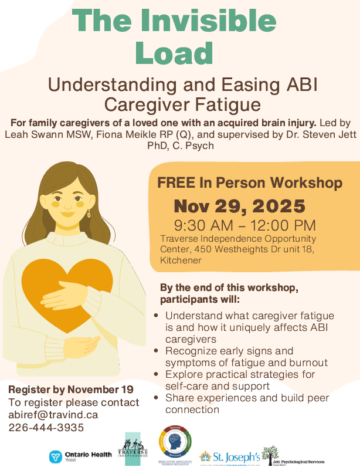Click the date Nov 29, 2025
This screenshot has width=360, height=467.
click(239, 207)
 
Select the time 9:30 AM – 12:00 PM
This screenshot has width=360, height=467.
click(246, 225)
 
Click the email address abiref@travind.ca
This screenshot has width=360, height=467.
click(53, 415)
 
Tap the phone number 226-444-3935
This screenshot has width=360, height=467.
click(46, 428)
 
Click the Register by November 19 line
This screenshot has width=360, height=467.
click(71, 390)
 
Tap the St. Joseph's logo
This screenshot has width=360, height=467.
click(229, 456)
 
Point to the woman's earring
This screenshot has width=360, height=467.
click(89, 214)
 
